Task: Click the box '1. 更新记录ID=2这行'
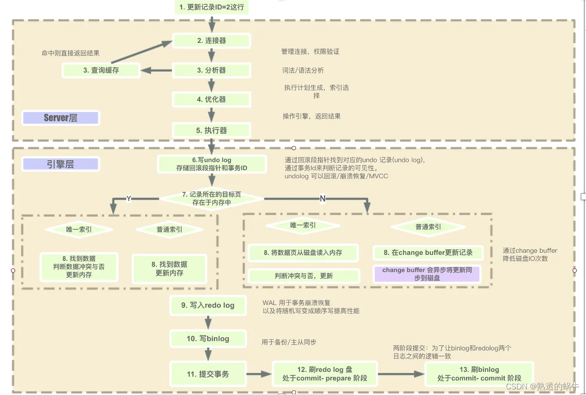coord(212,7)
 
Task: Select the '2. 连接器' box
coord(212,41)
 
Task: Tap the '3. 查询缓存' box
coord(101,70)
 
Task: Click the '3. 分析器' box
coord(212,70)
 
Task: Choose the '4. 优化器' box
coord(212,99)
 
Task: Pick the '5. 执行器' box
coord(212,130)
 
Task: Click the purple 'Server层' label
coord(61,118)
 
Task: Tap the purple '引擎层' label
coord(61,164)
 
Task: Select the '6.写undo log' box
coord(212,164)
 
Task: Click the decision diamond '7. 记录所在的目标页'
coord(212,198)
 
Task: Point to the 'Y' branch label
coord(129,198)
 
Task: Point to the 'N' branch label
coord(323,198)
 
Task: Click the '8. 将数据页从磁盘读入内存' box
coord(303,253)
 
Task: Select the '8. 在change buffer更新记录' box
coord(428,253)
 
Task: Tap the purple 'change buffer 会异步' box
coord(427,274)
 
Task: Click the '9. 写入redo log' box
coord(208,305)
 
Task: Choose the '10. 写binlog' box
coord(208,339)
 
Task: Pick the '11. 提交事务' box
coord(208,374)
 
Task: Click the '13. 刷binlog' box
coord(479,374)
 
